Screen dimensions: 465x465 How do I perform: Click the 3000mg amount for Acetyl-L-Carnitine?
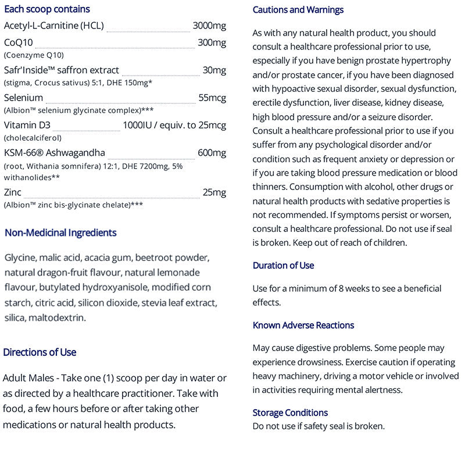209,26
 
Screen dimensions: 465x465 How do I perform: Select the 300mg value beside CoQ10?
212,42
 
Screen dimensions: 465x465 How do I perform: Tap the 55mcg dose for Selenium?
212,98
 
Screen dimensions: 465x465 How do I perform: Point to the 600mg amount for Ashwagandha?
212,153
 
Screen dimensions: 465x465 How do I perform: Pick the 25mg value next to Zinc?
214,192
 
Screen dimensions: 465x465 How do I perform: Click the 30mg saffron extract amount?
214,70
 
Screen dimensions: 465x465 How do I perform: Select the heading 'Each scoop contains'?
46,9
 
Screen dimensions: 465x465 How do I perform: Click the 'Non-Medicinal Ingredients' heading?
60,233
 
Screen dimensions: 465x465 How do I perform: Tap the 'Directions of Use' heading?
40,352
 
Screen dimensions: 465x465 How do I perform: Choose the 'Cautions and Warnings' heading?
298,10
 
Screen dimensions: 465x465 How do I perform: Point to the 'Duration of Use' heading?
283,266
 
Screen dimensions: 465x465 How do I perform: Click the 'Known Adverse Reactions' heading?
303,325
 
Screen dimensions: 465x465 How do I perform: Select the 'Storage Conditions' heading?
290,413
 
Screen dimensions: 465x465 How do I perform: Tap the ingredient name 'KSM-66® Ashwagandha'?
55,153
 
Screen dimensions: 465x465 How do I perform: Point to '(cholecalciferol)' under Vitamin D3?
33,138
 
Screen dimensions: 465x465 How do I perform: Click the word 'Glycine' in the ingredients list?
20,257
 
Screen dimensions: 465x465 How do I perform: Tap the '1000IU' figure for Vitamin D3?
137,126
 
